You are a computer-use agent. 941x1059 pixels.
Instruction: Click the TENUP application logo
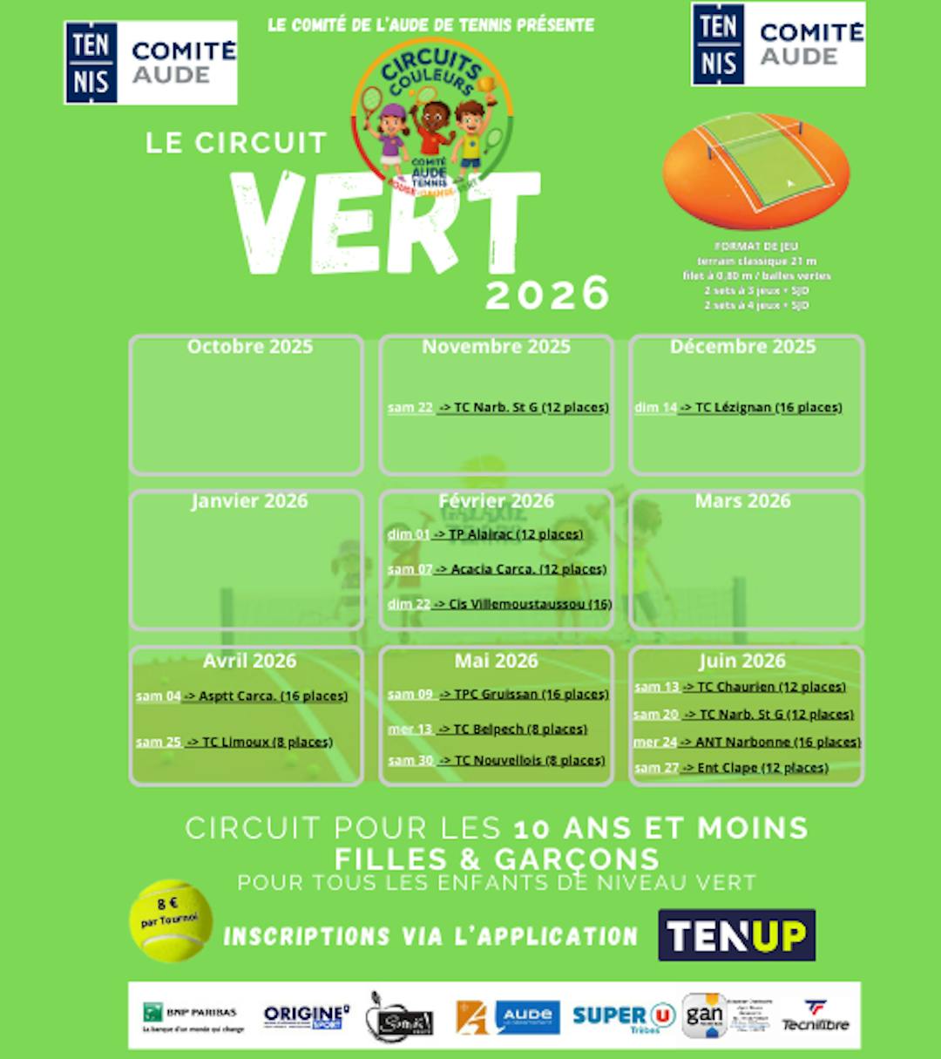[736, 935]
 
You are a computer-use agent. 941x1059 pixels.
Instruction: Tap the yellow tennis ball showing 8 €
[171, 920]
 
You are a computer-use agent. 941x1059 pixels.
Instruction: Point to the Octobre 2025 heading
[249, 347]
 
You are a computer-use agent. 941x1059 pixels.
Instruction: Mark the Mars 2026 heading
[742, 501]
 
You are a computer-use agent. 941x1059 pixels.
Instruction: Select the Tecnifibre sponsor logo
[816, 1016]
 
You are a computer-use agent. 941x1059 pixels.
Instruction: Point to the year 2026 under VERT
[547, 294]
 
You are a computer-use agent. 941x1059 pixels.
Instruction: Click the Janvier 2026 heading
[249, 501]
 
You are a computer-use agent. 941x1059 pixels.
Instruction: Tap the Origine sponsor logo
[306, 1016]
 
